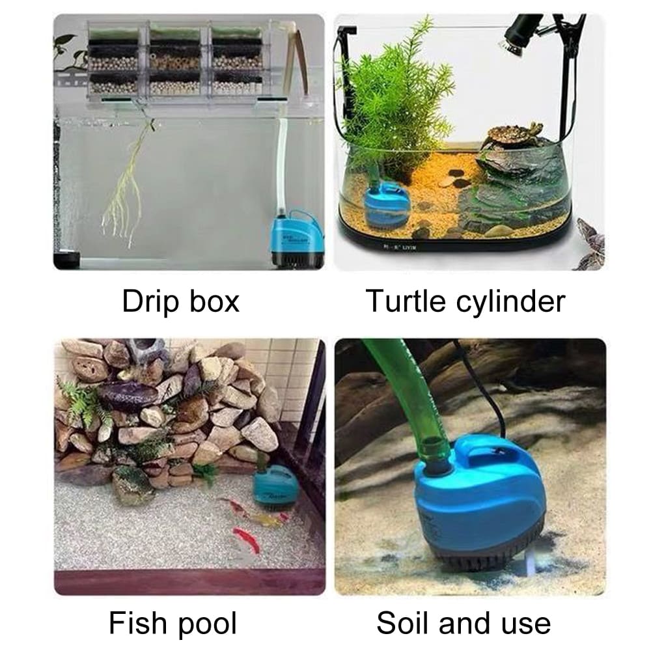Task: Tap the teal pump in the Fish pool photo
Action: pyautogui.click(x=274, y=485)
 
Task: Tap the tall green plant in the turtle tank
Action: pyautogui.click(x=397, y=98)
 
